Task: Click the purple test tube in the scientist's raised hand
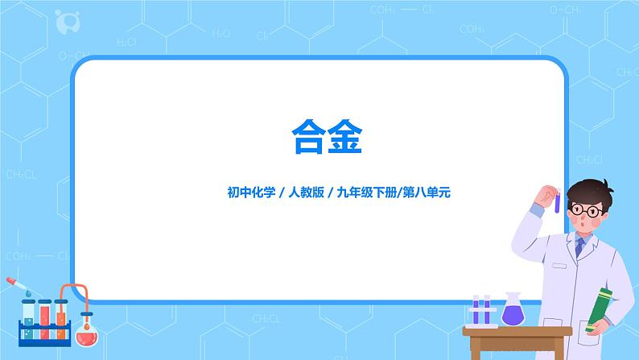tap(556, 201)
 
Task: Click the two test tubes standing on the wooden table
tap(481, 311)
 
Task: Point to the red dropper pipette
tap(17, 286)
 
